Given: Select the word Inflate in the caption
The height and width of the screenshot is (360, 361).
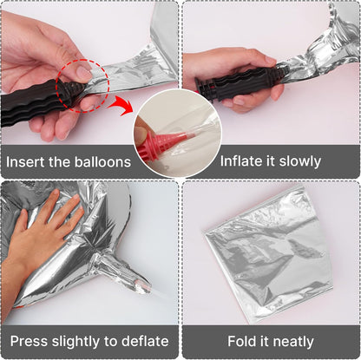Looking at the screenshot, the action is pyautogui.click(x=239, y=161).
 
